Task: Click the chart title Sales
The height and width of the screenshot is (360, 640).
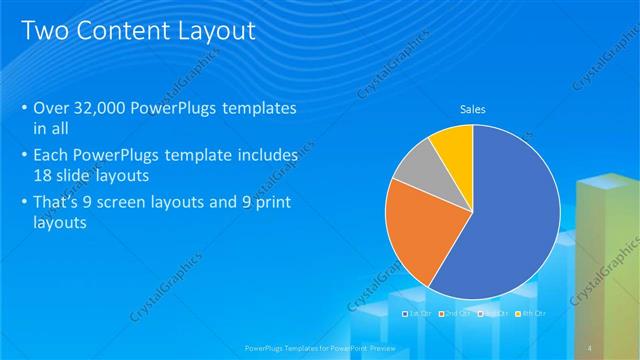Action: pyautogui.click(x=472, y=109)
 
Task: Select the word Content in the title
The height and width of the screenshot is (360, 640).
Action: pyautogui.click(x=115, y=32)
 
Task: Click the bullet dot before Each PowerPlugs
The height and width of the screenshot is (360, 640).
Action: pyautogui.click(x=24, y=156)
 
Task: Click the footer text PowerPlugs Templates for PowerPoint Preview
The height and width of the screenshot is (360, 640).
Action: pyautogui.click(x=320, y=346)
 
